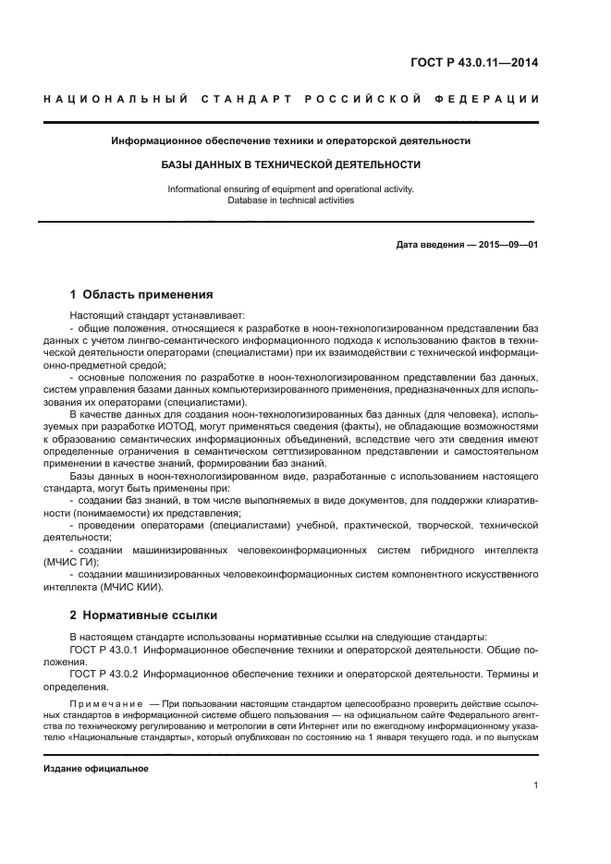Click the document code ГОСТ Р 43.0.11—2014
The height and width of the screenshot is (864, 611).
[x=474, y=63]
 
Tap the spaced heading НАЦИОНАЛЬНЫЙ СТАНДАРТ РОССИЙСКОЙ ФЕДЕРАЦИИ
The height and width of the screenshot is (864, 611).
[x=290, y=99]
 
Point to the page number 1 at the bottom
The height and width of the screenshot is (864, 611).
[x=535, y=785]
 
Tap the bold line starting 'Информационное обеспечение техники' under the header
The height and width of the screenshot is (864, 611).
[x=290, y=141]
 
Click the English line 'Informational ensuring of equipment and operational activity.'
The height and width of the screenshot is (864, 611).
[x=290, y=189]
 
